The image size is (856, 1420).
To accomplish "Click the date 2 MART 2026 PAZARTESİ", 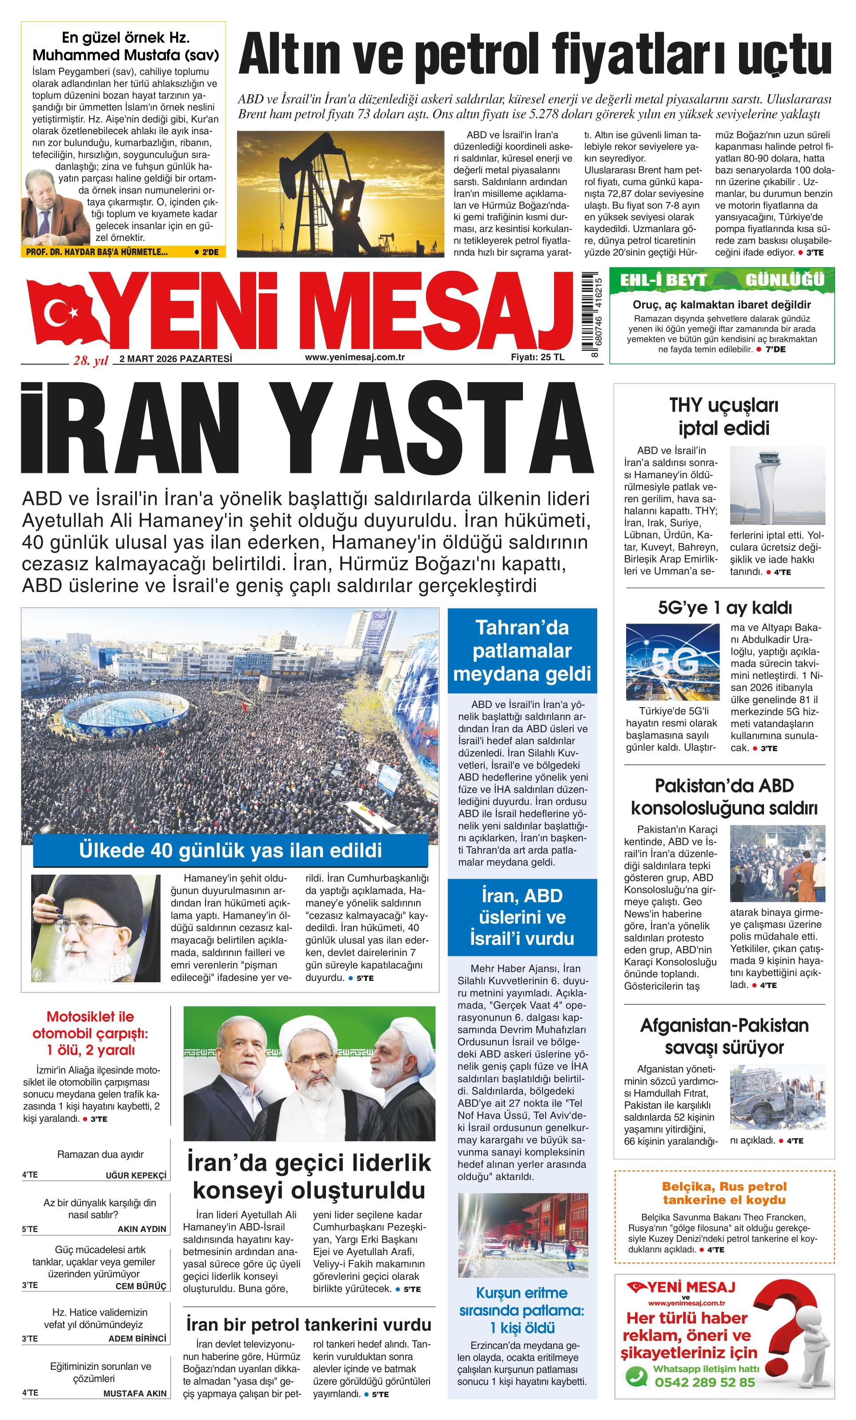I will click(175, 359).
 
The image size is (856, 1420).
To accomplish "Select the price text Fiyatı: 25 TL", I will click(537, 357).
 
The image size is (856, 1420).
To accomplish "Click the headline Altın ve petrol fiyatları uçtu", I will click(534, 55).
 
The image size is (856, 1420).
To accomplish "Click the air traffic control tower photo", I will click(776, 485).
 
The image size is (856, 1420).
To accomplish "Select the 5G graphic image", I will click(671, 662).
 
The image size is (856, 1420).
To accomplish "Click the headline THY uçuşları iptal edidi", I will click(723, 416).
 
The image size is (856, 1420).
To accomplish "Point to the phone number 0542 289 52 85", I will click(704, 1382).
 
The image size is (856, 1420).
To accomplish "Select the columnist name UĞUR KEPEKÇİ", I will click(136, 1175).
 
